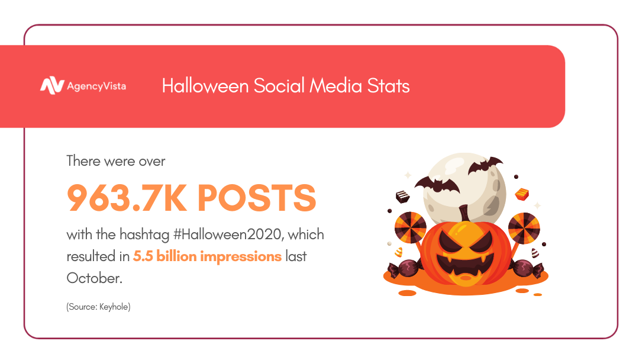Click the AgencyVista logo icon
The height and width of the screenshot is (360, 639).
[52, 86]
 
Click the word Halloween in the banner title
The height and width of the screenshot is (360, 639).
[205, 86]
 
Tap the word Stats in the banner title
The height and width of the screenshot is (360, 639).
[388, 86]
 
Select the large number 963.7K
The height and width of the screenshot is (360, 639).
[127, 198]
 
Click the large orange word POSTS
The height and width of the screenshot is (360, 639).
[257, 198]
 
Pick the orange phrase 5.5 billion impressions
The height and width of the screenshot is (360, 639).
[208, 256]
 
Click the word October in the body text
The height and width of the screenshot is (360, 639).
[95, 278]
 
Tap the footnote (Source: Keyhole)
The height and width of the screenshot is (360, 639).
[98, 307]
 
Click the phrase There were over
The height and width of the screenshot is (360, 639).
[116, 161]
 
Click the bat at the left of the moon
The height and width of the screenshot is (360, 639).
[437, 185]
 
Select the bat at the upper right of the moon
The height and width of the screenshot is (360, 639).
[485, 165]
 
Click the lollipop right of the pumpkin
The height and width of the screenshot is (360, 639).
[524, 229]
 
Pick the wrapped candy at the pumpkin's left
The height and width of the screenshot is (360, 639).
[404, 269]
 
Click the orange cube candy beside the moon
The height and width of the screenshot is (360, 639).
[522, 194]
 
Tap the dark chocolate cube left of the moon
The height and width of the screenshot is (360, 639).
[403, 197]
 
